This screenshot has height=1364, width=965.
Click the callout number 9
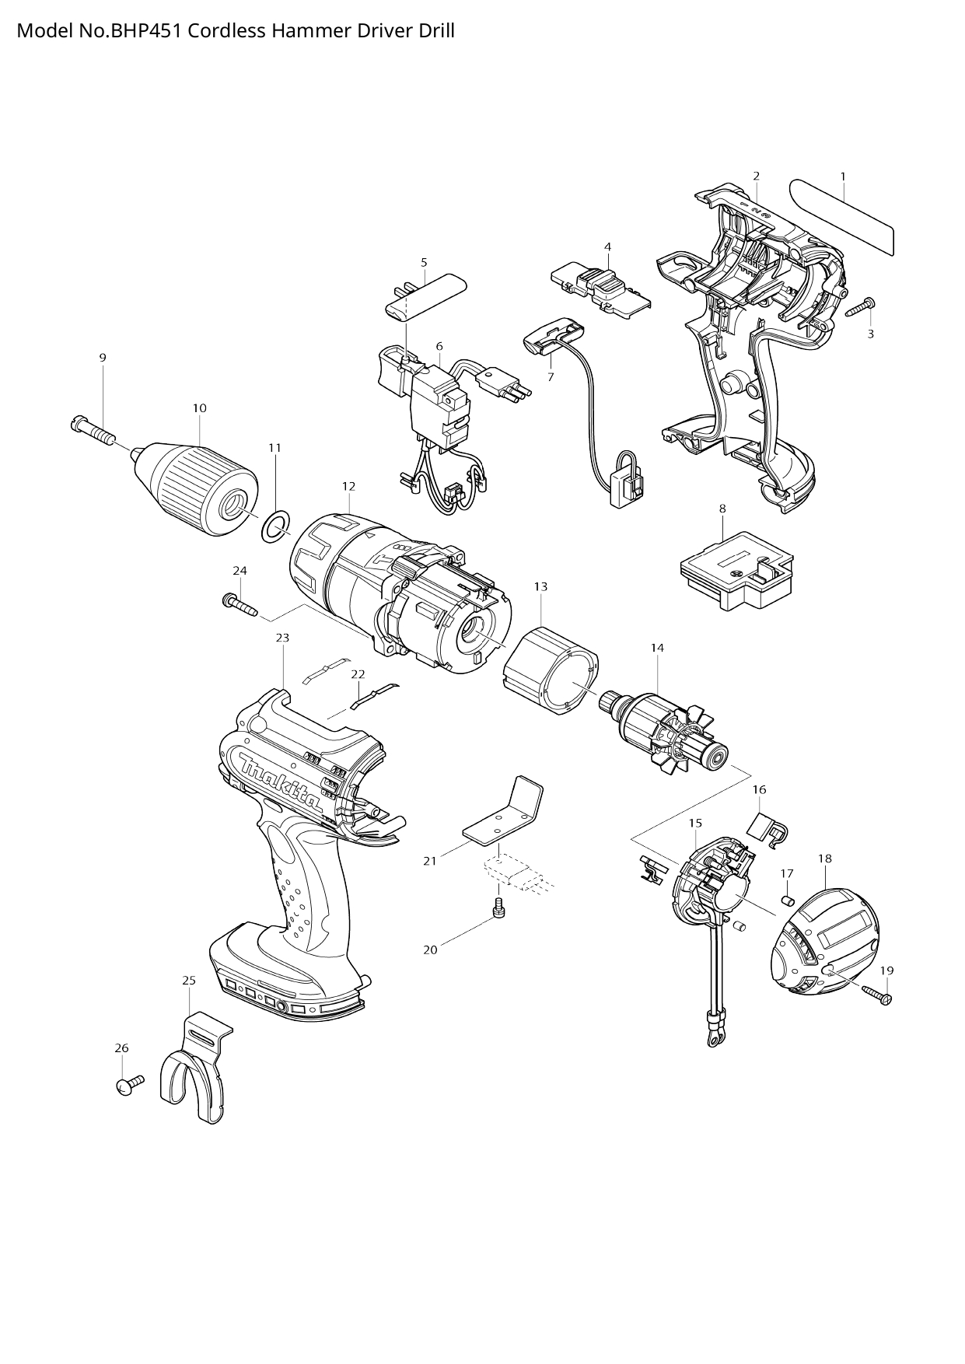pos(103,358)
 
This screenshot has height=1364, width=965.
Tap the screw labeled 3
pos(859,307)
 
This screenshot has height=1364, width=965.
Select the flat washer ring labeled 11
pos(273,527)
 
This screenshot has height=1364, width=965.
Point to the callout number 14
pos(657,647)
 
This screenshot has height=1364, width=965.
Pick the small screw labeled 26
pos(129,1083)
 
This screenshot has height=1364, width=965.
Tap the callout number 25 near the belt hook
pos(189,981)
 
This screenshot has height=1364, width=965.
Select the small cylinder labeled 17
pos(786,900)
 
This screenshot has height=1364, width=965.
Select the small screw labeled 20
pos(499,907)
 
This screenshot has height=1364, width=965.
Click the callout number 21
pos(430,861)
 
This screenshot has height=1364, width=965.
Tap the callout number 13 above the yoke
pos(540,586)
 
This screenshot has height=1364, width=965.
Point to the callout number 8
pos(722,509)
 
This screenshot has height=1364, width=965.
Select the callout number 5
pos(424,262)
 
